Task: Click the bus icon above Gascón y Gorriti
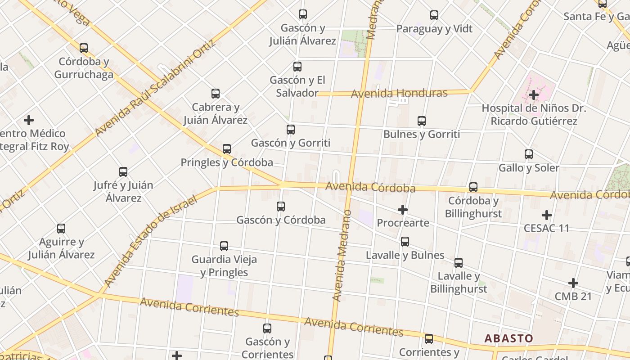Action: point(291,130)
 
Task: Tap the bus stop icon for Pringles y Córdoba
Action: point(227,148)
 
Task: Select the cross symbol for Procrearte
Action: point(403,210)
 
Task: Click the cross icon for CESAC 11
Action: point(547,215)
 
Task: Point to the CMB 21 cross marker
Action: point(573,283)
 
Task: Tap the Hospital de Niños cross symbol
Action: point(534,95)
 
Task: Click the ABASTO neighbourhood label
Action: point(508,338)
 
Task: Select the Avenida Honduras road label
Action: point(399,94)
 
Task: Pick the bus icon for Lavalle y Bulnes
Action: point(405,242)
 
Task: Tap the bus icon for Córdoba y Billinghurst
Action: point(473,187)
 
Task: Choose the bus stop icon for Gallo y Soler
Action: point(529,154)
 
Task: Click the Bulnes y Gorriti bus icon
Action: point(422,121)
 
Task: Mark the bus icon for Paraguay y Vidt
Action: point(434,15)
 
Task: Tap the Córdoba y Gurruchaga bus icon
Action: point(84,48)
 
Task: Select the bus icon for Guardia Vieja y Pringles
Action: point(224,246)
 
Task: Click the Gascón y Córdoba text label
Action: point(281,220)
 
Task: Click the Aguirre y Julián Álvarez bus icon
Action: point(61,229)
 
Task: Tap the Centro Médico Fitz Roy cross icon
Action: point(29,120)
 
